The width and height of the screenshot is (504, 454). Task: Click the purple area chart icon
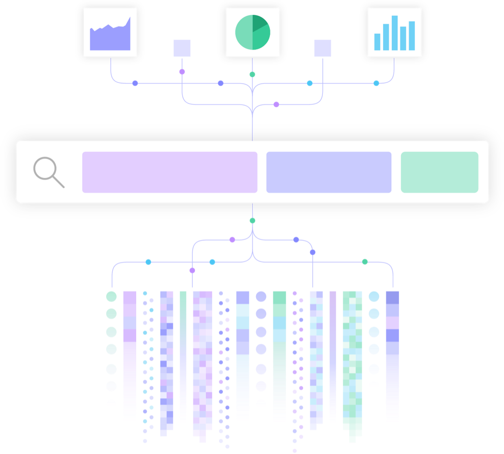click(110, 32)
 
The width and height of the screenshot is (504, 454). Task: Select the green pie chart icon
click(253, 32)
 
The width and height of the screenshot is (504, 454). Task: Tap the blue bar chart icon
click(394, 32)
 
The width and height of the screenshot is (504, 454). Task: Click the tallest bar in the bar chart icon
click(394, 33)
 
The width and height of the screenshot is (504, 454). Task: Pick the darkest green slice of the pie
click(260, 23)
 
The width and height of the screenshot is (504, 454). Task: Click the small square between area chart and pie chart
click(182, 48)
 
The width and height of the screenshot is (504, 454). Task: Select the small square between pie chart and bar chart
click(322, 48)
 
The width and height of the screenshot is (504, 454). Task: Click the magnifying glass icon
click(48, 172)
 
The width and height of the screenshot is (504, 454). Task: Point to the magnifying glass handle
click(59, 182)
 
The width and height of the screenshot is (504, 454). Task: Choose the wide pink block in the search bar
click(169, 172)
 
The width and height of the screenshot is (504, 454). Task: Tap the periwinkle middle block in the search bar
click(329, 172)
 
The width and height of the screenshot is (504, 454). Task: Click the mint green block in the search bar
click(439, 172)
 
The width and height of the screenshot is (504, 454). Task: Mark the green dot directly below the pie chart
click(252, 74)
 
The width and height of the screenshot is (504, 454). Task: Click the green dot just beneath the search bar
click(252, 220)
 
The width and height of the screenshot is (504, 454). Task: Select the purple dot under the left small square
click(182, 71)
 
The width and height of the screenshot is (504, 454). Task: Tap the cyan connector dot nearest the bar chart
click(376, 83)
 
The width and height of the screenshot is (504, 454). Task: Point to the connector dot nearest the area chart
click(135, 83)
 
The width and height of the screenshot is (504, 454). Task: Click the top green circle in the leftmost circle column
click(111, 296)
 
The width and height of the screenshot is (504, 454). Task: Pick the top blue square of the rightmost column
click(392, 297)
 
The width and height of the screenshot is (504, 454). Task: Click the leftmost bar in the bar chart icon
click(377, 42)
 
